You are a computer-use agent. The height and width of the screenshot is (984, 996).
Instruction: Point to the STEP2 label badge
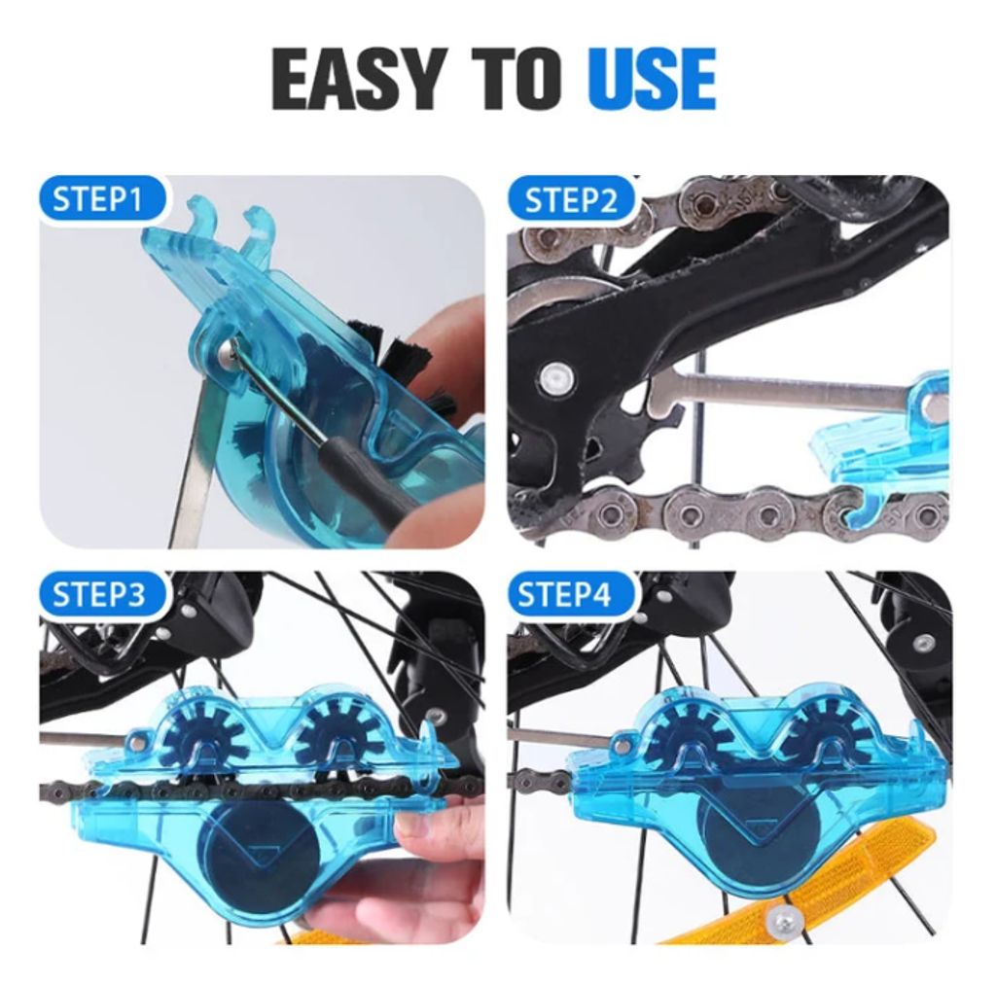570,199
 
